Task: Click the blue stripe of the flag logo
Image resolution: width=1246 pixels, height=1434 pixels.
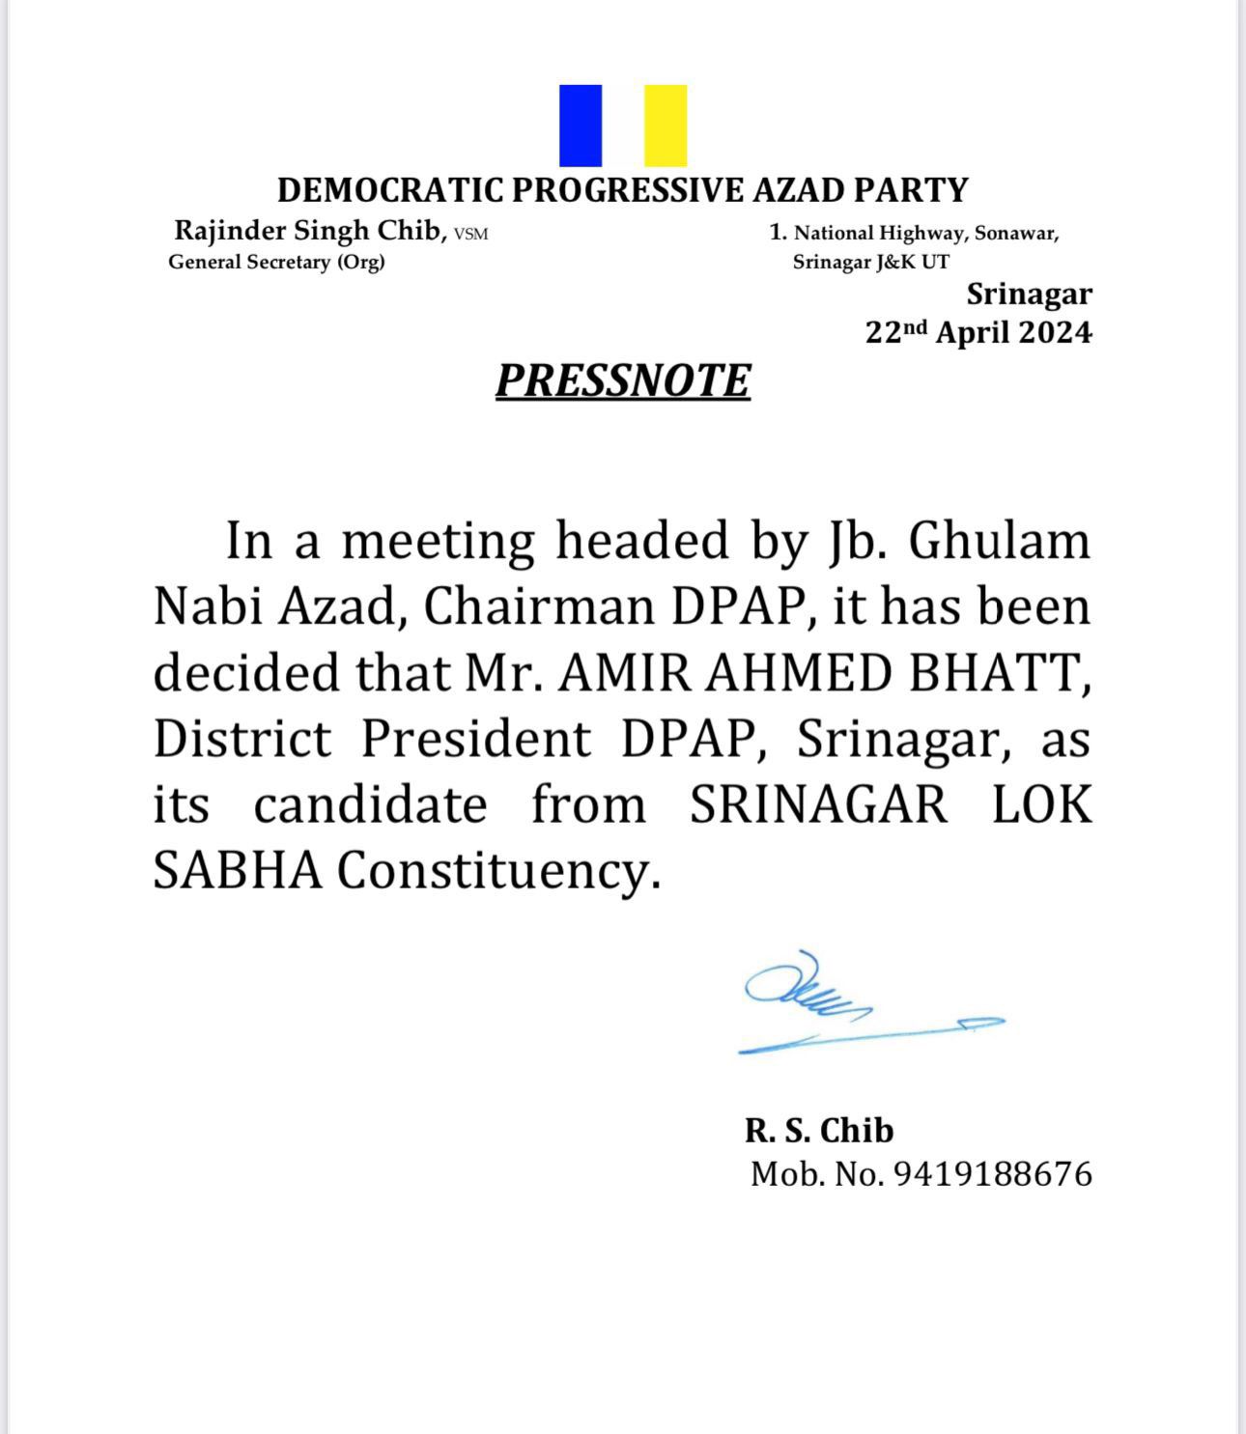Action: pos(581,126)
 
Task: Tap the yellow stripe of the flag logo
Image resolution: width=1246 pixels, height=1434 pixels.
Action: pos(665,126)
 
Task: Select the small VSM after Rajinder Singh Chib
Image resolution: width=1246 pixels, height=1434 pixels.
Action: pos(471,234)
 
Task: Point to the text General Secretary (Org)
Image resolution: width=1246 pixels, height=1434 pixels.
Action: pos(276,263)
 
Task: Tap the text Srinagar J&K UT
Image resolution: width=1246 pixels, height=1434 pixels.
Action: pos(870,263)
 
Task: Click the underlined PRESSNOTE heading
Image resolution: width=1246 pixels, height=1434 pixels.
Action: pos(623,380)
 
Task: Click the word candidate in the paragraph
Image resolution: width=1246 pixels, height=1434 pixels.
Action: pos(370,805)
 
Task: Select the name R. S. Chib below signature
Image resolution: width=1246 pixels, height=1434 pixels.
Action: pos(819,1130)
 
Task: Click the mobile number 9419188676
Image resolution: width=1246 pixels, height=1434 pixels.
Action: pos(992,1174)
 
